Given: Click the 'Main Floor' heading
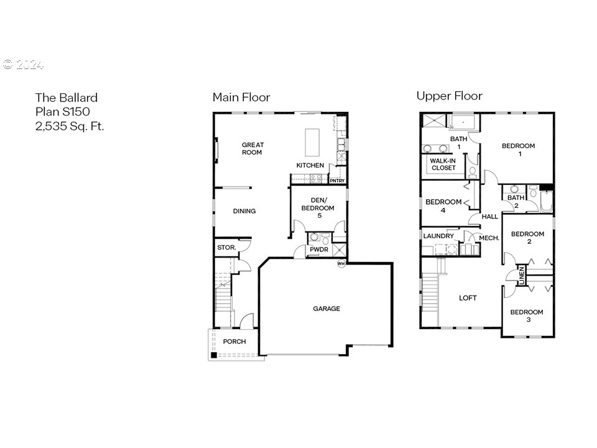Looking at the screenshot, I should [x=241, y=97].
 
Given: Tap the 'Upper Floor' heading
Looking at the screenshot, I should [x=449, y=96].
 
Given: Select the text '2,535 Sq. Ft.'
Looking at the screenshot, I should [x=69, y=126].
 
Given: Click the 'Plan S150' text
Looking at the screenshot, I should [x=63, y=111].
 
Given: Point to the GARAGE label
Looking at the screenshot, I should [x=326, y=309].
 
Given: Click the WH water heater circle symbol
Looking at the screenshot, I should [x=341, y=264].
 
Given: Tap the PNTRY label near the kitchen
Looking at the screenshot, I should [x=337, y=181].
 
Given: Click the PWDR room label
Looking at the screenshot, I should [x=319, y=250].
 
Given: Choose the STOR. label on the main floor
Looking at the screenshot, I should [x=226, y=248].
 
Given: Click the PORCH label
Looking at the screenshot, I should [x=234, y=342].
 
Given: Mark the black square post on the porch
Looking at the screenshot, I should [x=213, y=355].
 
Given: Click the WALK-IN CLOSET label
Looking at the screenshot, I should [x=443, y=164].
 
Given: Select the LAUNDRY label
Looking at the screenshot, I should [x=438, y=236].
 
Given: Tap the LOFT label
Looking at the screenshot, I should [x=468, y=298].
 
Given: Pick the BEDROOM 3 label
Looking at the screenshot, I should [x=527, y=316].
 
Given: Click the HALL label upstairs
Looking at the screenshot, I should [x=490, y=217].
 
